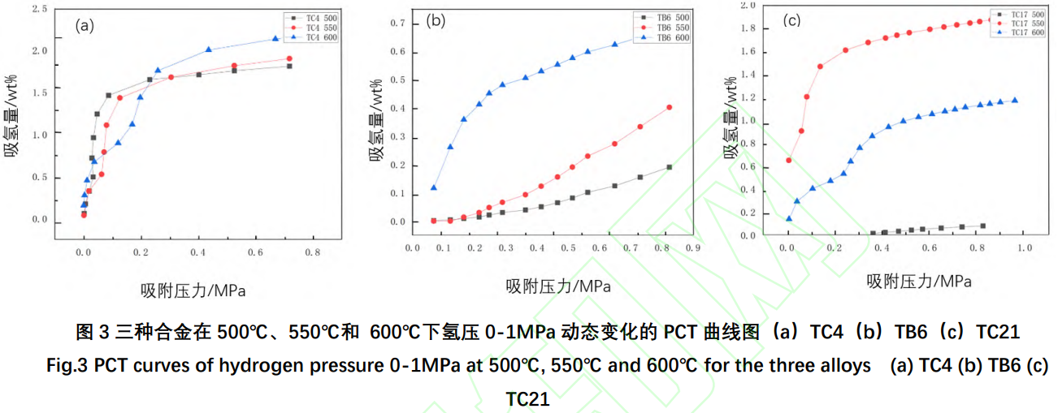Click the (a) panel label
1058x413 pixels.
[85, 25]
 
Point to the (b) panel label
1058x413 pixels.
[436, 22]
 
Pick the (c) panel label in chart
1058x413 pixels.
[791, 21]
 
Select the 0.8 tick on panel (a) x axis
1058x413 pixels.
[313, 253]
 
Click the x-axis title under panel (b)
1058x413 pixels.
[558, 286]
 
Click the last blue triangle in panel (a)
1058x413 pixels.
[275, 38]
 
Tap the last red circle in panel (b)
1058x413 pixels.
[670, 107]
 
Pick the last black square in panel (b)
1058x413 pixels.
[670, 167]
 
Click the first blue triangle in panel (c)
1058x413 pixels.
[788, 218]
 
